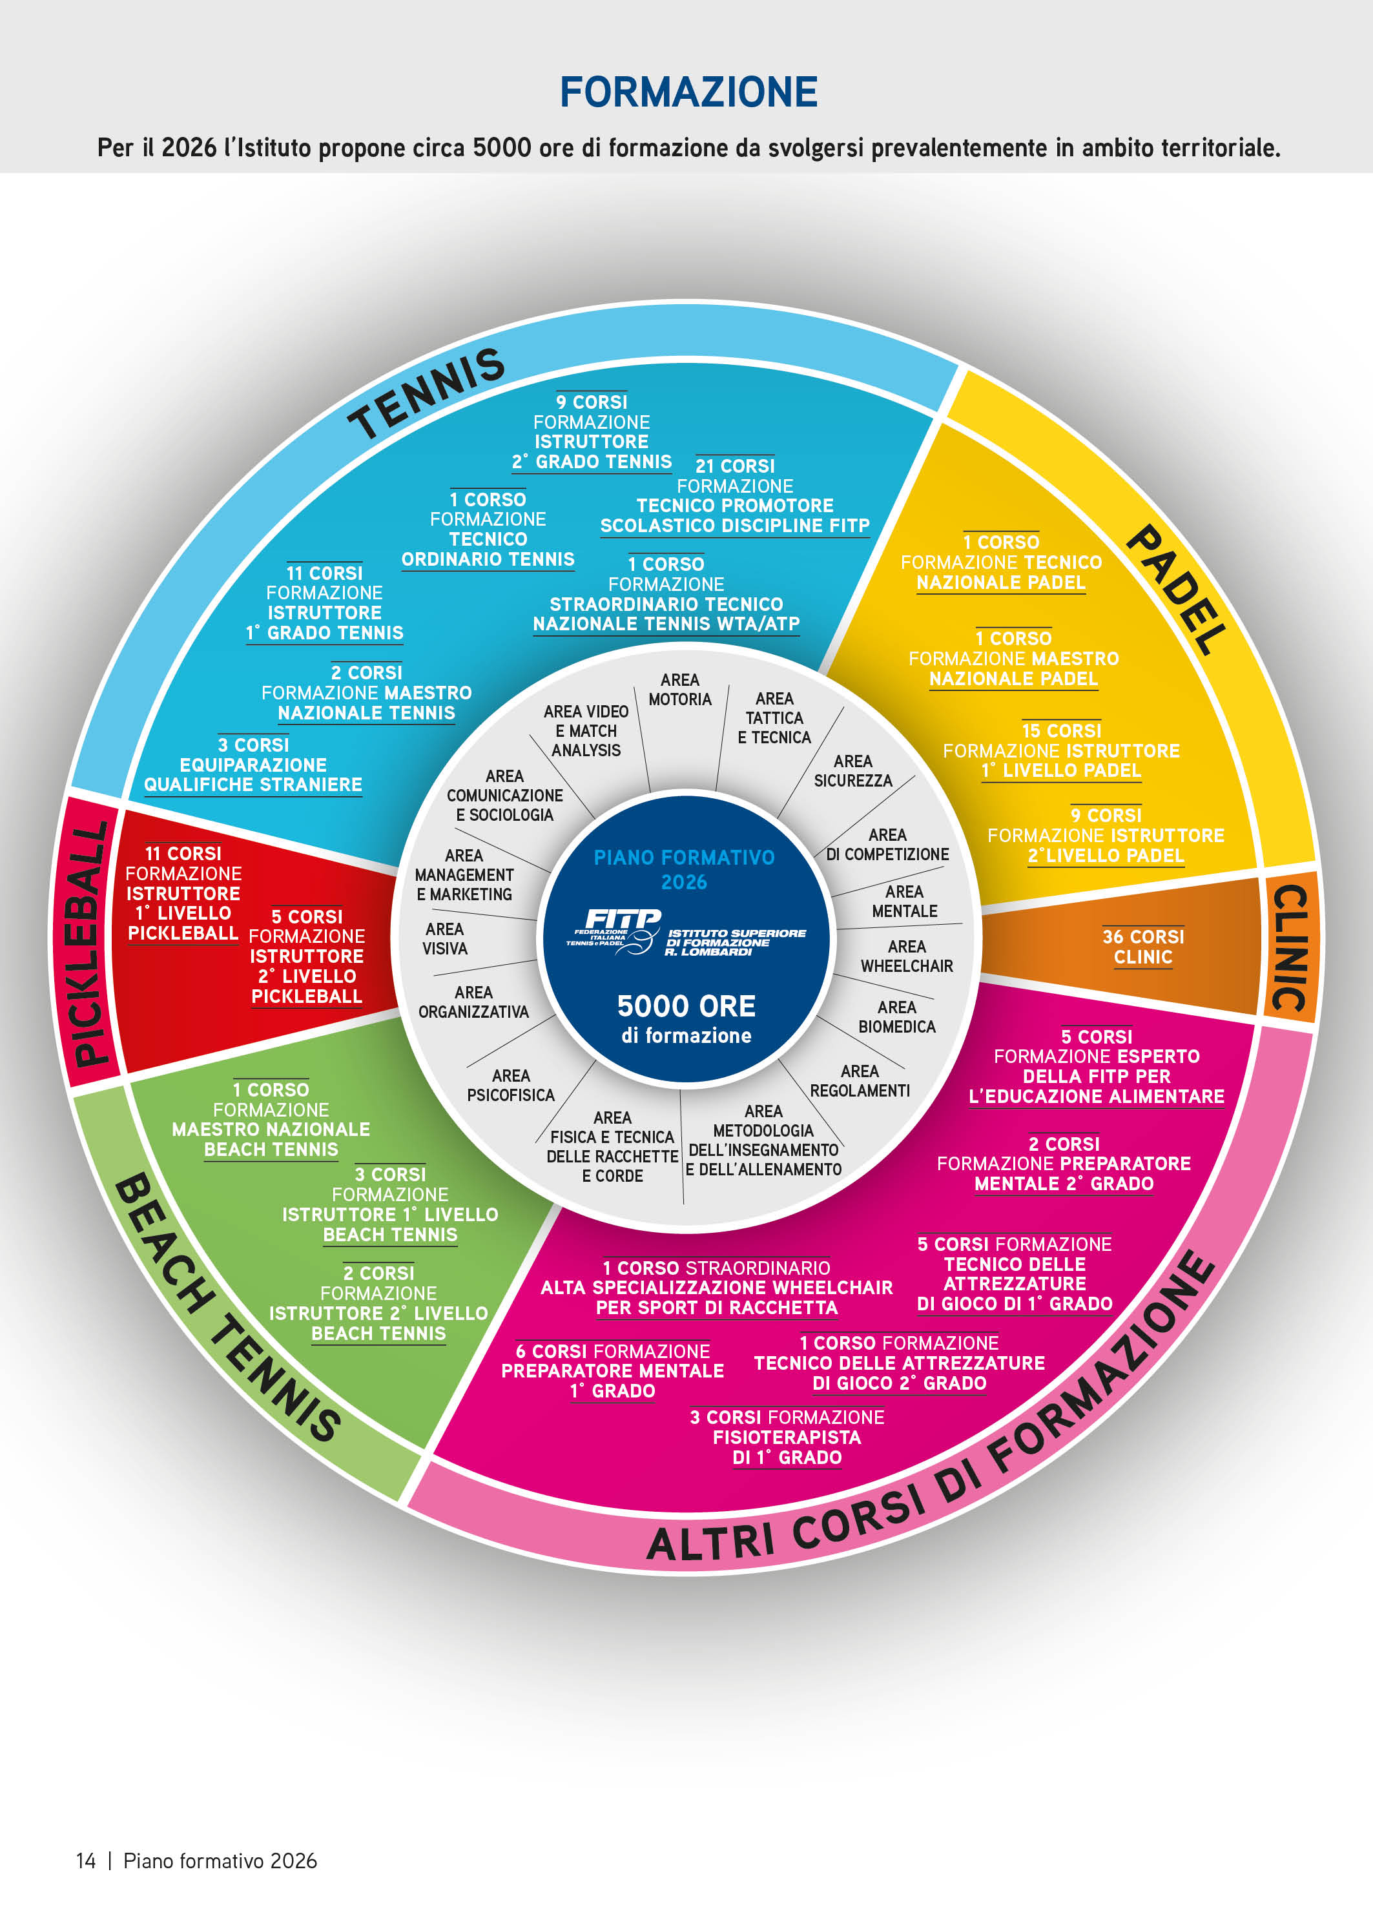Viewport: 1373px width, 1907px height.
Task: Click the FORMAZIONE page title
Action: [x=688, y=92]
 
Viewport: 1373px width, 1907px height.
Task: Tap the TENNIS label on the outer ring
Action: [x=426, y=393]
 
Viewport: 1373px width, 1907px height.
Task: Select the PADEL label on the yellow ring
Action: [x=1175, y=588]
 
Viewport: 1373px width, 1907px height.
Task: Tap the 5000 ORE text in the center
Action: [x=686, y=1005]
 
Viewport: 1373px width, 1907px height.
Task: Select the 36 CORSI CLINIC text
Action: [x=1142, y=947]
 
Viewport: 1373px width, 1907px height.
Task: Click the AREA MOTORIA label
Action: [x=679, y=690]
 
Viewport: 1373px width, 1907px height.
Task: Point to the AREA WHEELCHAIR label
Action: [x=906, y=956]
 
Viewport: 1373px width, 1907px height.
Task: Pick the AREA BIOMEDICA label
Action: [x=896, y=1016]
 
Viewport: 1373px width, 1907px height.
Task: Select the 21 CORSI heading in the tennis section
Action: [x=735, y=466]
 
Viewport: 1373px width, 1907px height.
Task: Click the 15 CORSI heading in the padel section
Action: [x=1061, y=730]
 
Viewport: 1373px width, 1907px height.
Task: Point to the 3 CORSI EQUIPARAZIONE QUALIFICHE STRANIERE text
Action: [x=253, y=765]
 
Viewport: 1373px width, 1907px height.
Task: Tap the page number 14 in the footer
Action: [x=86, y=1861]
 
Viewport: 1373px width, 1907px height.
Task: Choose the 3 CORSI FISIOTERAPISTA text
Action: [x=787, y=1437]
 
